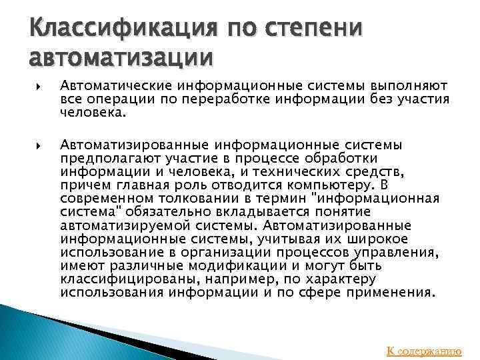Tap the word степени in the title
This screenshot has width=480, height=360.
[313, 29]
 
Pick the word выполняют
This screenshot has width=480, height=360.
[414, 86]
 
